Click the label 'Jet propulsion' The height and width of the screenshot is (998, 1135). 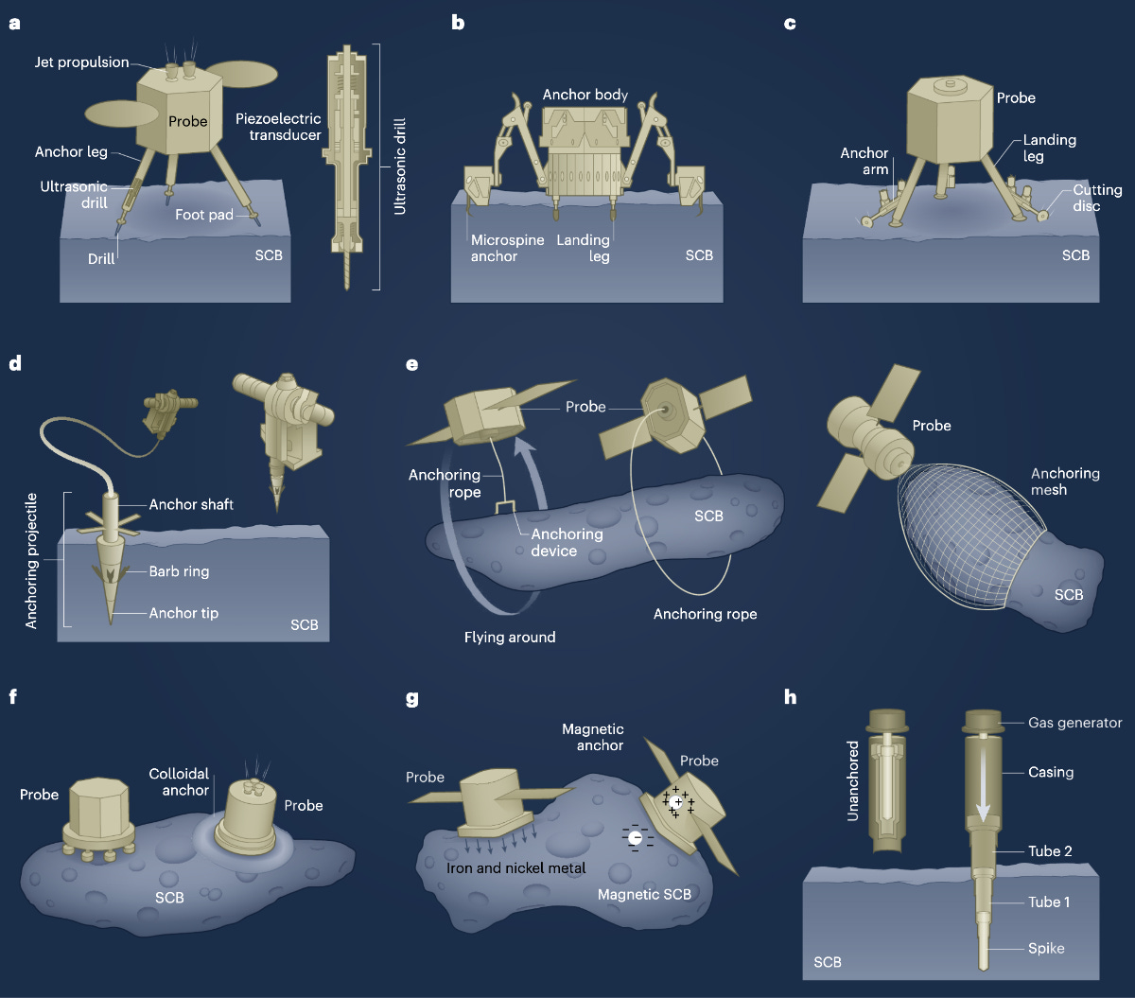click(81, 62)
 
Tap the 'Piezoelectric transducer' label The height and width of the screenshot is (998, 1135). click(278, 128)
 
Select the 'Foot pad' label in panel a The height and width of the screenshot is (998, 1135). click(203, 215)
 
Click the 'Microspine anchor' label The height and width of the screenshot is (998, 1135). click(508, 248)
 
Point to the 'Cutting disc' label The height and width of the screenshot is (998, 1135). click(1097, 198)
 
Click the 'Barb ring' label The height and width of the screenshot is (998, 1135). click(179, 571)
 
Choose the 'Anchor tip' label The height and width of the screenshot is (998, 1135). click(183, 613)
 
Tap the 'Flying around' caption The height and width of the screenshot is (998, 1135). click(510, 637)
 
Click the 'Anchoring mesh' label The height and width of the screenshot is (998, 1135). click(1065, 481)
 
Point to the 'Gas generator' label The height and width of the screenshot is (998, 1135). click(1074, 723)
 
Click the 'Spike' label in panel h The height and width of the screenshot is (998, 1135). click(1046, 948)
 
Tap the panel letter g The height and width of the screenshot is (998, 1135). click(411, 700)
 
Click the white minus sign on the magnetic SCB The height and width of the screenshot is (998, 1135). click(637, 838)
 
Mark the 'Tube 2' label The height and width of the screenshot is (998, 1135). click(1050, 851)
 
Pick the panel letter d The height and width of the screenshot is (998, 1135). click(14, 363)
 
